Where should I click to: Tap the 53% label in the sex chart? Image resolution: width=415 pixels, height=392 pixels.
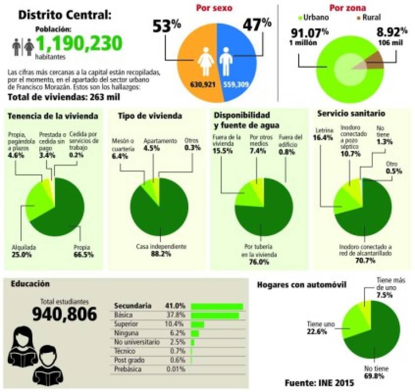point(166,27)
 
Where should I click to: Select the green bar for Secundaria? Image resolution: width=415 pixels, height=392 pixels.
point(217,306)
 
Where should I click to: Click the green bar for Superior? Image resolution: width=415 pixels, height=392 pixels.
point(197,324)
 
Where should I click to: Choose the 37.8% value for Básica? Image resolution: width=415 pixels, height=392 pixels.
point(176,315)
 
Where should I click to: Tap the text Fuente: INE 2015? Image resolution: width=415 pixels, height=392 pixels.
point(319,383)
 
